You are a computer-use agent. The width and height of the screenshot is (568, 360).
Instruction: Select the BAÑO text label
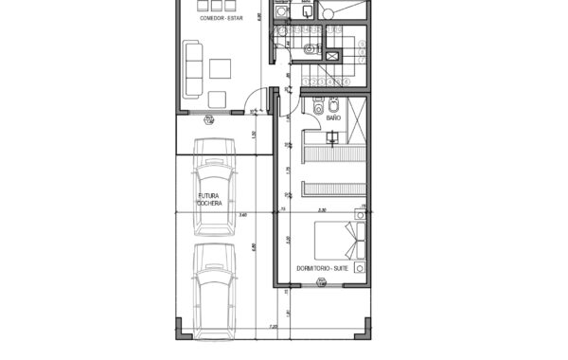point(333,119)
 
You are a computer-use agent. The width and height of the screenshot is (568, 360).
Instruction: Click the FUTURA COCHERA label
point(209,200)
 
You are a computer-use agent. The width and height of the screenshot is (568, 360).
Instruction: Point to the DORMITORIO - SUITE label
point(322,269)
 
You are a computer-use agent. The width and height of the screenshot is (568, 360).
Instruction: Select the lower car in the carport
point(215,288)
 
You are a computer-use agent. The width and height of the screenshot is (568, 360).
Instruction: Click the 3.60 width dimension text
point(243,215)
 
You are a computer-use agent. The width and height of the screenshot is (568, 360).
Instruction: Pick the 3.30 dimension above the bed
point(322,210)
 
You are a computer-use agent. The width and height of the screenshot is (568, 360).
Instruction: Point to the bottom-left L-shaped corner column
point(181,332)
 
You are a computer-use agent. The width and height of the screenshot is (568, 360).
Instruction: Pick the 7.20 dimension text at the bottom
point(274,327)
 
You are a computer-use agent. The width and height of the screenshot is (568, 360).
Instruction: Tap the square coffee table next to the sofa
point(222,68)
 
